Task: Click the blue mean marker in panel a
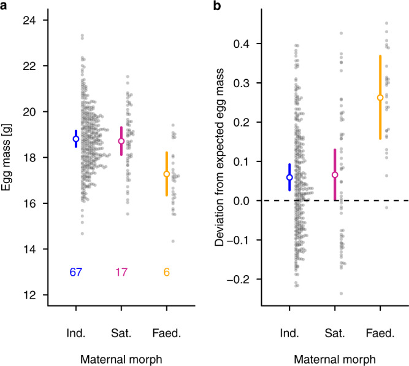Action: pyautogui.click(x=76, y=139)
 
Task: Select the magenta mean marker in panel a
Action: pyautogui.click(x=121, y=141)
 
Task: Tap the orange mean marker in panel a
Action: pyautogui.click(x=166, y=174)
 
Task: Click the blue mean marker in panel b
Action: pyautogui.click(x=289, y=177)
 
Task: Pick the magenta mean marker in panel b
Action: pyautogui.click(x=335, y=175)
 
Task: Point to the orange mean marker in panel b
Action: pyautogui.click(x=380, y=97)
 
